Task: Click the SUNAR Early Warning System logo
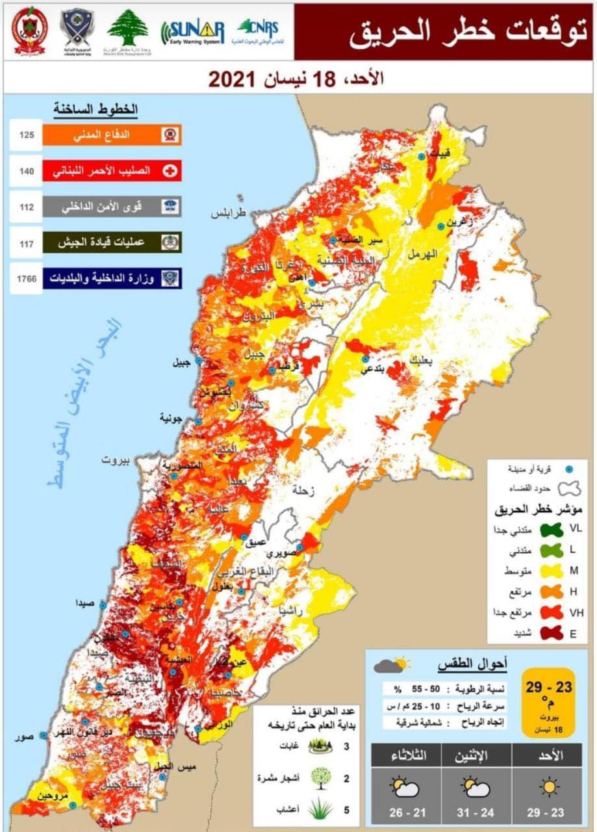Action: click(193, 31)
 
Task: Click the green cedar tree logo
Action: click(127, 29)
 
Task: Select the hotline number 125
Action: click(26, 135)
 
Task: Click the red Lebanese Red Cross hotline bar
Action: click(111, 171)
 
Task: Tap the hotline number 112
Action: click(26, 207)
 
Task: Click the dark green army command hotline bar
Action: click(111, 242)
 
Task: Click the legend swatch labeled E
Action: click(552, 632)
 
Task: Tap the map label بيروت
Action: click(116, 460)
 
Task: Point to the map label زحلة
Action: click(300, 491)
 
